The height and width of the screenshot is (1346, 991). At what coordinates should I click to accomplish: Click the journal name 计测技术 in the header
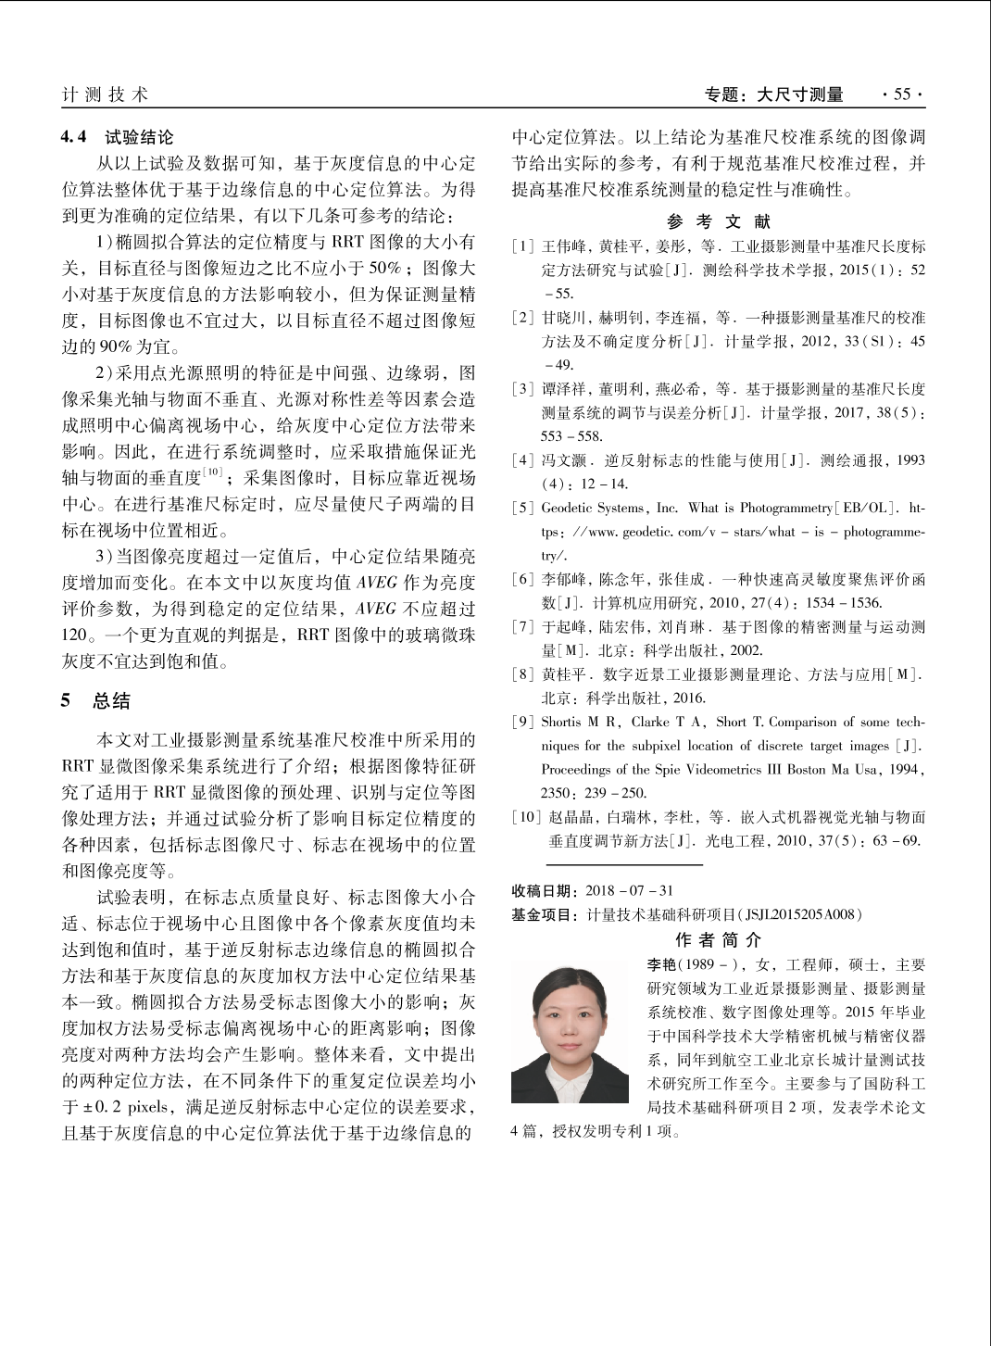105,94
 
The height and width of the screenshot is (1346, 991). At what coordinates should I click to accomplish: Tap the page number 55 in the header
901,94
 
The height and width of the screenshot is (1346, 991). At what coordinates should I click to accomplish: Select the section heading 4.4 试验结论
118,137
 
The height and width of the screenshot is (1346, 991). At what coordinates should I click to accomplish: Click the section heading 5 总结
96,700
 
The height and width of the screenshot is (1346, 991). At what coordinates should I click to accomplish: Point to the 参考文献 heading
719,221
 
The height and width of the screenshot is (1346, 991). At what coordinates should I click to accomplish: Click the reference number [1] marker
523,246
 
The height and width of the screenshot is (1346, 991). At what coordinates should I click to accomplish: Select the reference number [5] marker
523,509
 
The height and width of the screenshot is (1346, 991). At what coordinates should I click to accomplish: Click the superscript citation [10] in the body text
213,472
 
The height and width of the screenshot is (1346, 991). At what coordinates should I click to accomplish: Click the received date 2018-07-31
629,891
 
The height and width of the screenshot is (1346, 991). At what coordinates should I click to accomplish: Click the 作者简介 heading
719,940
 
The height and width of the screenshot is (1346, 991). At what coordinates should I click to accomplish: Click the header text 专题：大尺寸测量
774,94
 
